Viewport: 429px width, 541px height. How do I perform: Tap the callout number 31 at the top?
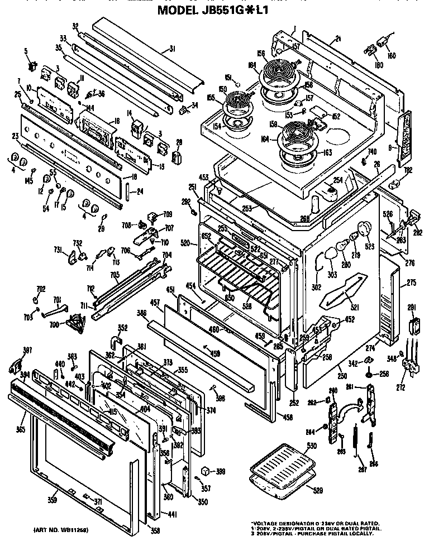173,49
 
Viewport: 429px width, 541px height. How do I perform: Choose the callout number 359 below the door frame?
53,499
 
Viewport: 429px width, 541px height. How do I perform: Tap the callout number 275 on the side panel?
412,283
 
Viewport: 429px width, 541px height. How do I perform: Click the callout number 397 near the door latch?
12,351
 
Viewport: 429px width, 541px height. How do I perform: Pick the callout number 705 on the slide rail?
115,274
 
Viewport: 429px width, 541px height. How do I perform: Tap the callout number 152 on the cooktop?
336,116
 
